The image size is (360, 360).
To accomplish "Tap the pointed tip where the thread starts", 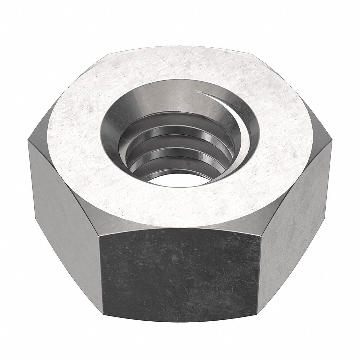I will [x=196, y=91].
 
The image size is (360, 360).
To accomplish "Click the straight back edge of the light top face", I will [x=180, y=47].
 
